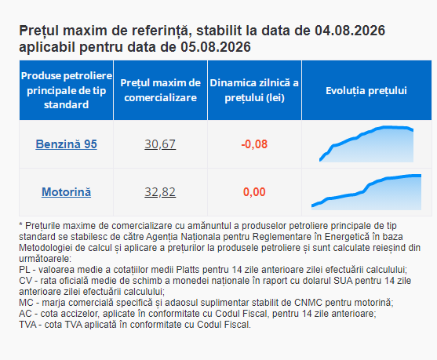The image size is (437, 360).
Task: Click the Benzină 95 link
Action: tap(67, 144)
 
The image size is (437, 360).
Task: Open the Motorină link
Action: tap(67, 192)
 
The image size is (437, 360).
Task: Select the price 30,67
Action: tap(160, 144)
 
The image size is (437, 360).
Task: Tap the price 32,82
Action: tap(160, 192)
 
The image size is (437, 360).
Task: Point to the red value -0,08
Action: tap(254, 144)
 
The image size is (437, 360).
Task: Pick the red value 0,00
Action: tap(254, 192)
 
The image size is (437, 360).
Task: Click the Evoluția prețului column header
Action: tap(366, 90)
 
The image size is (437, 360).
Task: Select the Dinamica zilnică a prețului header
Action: tap(254, 90)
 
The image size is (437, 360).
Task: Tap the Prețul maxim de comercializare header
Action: tap(160, 90)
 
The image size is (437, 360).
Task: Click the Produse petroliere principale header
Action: tap(67, 90)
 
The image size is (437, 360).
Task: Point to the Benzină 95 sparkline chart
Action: tap(366, 144)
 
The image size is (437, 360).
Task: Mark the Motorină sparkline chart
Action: tap(366, 192)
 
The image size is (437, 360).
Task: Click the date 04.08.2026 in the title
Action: tap(350, 31)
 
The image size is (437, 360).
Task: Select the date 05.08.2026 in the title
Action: tap(216, 47)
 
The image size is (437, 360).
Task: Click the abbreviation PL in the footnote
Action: tap(24, 270)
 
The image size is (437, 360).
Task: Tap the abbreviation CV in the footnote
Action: tap(25, 281)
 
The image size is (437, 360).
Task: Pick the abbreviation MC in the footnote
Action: tap(26, 303)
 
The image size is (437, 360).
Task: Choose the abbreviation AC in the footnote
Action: tap(25, 314)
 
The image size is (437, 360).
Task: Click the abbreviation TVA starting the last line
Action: tap(27, 325)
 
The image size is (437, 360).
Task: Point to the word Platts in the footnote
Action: tap(188, 270)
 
